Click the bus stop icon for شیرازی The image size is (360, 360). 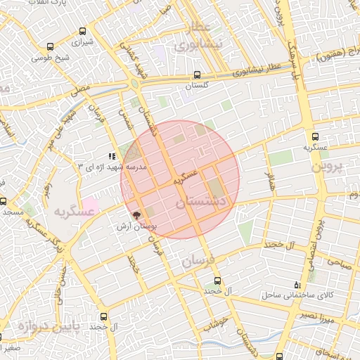click(84, 31)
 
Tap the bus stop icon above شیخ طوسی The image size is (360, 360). click(49, 48)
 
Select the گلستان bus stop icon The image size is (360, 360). click(197, 74)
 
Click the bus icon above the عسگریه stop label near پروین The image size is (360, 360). click(315, 137)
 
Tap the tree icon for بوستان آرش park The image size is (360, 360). click(136, 216)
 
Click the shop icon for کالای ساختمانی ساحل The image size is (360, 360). click(297, 285)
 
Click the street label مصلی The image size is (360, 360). click(79, 89)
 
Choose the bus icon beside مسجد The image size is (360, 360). click(3, 201)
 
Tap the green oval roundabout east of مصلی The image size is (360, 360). click(134, 84)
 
